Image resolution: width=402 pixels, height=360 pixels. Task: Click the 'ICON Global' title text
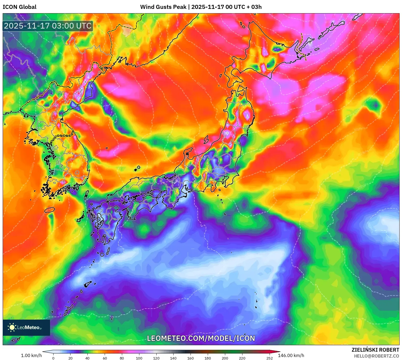(19, 7)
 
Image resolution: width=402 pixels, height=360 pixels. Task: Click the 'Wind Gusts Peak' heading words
(163, 7)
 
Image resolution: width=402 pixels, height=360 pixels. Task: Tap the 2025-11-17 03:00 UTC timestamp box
(48, 26)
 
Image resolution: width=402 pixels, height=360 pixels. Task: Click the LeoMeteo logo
(26, 327)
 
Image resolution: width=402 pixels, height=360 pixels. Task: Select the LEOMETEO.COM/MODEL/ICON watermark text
(201, 338)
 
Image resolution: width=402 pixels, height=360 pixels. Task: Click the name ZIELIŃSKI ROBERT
(375, 350)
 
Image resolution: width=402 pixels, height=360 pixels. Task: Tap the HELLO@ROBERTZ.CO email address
(376, 356)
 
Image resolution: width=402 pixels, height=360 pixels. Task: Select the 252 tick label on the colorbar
(270, 358)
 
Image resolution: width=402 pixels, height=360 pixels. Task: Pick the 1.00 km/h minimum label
(31, 355)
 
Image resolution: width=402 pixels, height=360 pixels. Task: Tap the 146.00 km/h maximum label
(291, 355)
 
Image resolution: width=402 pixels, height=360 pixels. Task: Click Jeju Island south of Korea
(50, 210)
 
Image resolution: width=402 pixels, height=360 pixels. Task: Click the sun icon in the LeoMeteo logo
(12, 327)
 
